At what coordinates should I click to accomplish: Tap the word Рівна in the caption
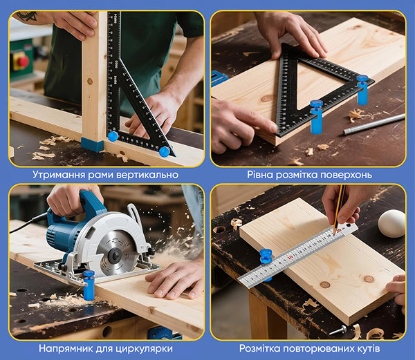pyautogui.click(x=260, y=175)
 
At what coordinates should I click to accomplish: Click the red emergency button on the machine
pyautogui.click(x=24, y=61)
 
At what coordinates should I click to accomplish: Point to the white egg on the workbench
pyautogui.click(x=391, y=223)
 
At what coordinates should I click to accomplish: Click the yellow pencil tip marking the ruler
pyautogui.click(x=334, y=233)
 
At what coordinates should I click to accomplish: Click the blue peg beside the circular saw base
pyautogui.click(x=89, y=285)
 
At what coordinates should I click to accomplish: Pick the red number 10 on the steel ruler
pyautogui.click(x=290, y=256)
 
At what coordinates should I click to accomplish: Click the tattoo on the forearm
pyautogui.click(x=26, y=17)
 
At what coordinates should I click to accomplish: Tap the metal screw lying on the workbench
pyautogui.click(x=338, y=330)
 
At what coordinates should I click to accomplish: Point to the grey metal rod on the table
pyautogui.click(x=374, y=124)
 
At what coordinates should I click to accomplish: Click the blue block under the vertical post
pyautogui.click(x=93, y=144)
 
